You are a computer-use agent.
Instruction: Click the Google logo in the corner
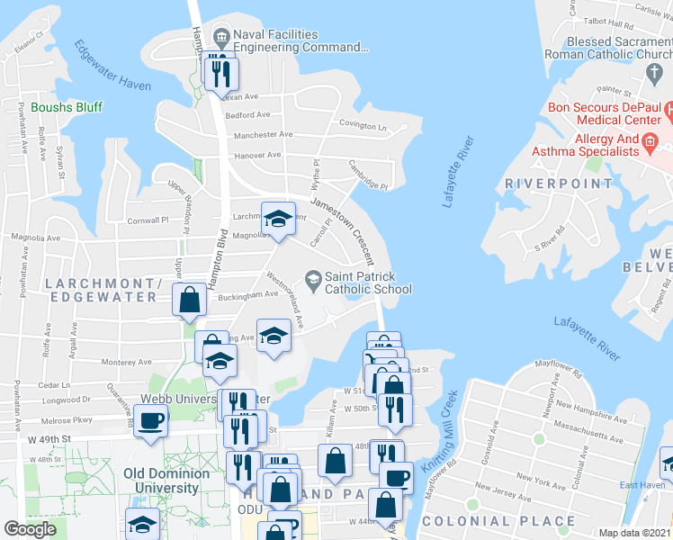click(x=30, y=529)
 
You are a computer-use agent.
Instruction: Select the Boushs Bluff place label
click(x=67, y=107)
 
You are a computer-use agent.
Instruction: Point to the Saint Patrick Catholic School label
click(x=368, y=283)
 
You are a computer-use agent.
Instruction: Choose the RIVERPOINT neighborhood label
click(x=558, y=184)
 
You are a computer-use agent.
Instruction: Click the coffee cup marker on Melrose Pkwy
click(x=151, y=420)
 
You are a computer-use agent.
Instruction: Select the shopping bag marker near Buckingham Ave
click(x=190, y=301)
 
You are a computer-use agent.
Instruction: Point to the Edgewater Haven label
click(x=112, y=66)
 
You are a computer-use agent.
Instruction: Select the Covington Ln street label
click(x=362, y=126)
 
